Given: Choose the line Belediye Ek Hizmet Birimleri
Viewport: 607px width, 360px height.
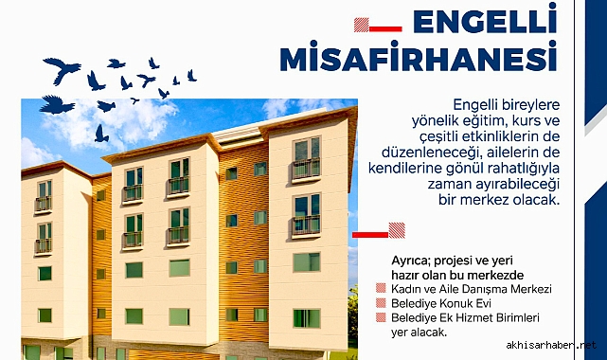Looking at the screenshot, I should (464, 318).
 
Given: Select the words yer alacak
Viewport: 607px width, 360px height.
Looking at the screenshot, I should (418, 333).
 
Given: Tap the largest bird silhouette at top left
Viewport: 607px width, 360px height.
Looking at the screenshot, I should (62, 69).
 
